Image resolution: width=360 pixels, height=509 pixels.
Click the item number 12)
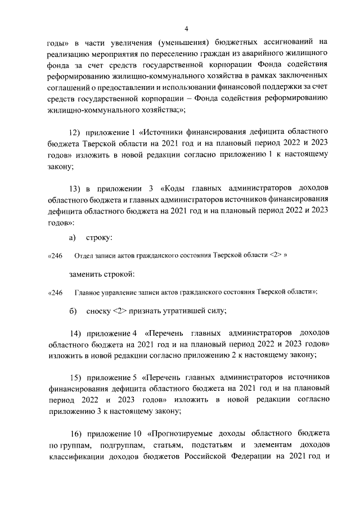click(x=75, y=132)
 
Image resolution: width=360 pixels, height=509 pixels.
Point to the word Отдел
click(x=83, y=256)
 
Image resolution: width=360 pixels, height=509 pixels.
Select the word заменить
click(x=85, y=274)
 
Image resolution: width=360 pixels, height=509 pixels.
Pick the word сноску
click(x=98, y=311)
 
